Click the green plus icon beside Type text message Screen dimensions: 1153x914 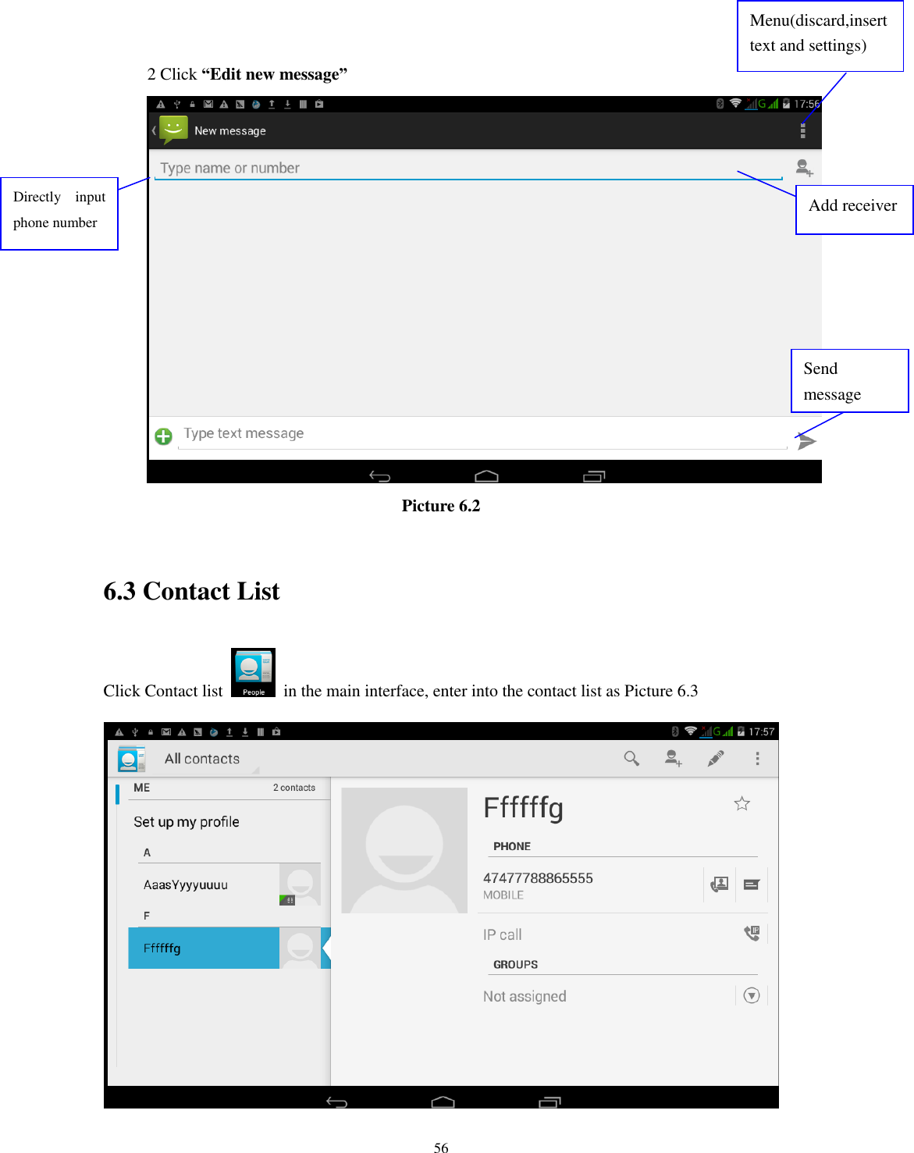coord(163,436)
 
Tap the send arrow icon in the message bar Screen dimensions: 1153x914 coord(807,442)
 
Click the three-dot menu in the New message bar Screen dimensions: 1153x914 coord(802,131)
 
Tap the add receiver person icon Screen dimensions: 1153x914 coord(804,168)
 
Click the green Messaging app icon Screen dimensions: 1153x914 coord(173,130)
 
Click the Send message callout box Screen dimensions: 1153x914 coord(849,381)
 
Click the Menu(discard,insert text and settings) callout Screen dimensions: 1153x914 coord(820,35)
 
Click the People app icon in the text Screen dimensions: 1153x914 coord(253,672)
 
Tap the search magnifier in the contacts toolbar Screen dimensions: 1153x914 coord(631,758)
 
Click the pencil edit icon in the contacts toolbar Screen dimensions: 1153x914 coord(715,758)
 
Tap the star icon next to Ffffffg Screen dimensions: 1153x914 coord(742,803)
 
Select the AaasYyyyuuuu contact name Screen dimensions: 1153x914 coord(186,884)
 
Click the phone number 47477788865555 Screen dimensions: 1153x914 coord(538,878)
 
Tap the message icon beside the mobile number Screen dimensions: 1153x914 coord(752,884)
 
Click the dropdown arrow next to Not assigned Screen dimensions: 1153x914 coord(752,995)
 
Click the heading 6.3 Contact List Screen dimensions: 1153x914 coord(191,592)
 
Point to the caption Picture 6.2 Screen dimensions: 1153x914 coord(441,506)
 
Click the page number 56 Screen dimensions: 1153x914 coord(441,1147)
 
